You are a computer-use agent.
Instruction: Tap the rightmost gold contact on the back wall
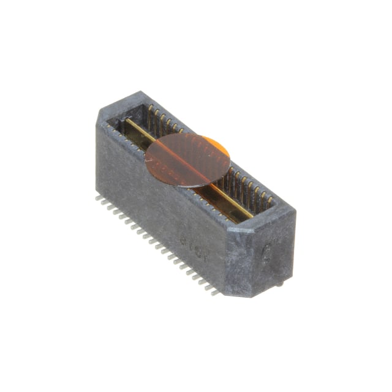[x=270, y=199]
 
